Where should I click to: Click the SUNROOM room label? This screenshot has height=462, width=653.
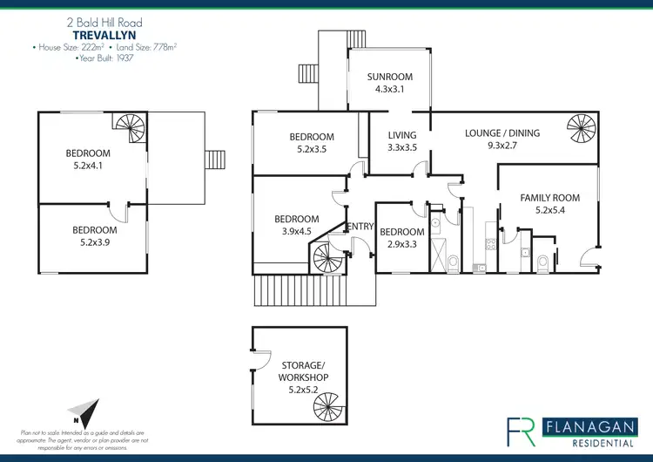(389, 77)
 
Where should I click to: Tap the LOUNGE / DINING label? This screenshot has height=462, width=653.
(502, 133)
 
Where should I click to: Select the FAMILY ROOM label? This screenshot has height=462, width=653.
(549, 198)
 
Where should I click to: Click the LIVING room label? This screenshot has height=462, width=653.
(402, 135)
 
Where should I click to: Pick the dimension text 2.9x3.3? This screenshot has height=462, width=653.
(401, 244)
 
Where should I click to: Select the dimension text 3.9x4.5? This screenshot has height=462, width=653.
(297, 231)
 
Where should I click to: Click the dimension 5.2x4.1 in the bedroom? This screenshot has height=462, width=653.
(89, 166)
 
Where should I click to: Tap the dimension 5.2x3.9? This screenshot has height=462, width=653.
(94, 242)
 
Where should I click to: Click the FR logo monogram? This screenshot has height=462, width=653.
(522, 431)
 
